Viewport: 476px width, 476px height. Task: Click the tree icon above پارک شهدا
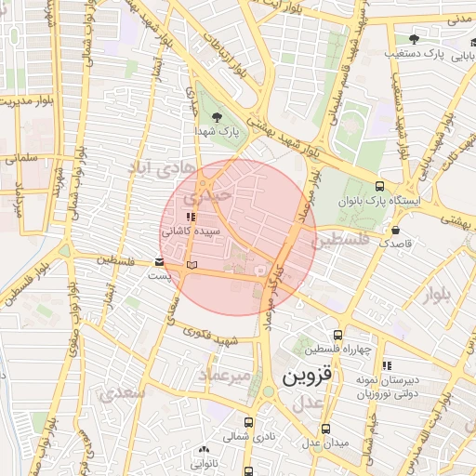[217, 117]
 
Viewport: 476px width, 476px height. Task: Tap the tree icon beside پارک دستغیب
[414, 39]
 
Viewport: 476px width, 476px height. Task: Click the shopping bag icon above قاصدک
[396, 229]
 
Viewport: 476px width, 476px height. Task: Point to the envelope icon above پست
[160, 262]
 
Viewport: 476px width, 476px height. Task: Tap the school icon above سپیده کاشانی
[192, 217]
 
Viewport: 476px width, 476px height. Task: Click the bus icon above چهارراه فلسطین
[337, 335]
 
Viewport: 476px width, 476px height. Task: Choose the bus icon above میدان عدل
[324, 429]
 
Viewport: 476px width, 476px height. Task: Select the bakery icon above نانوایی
[204, 450]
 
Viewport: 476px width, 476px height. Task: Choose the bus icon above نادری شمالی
[248, 420]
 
